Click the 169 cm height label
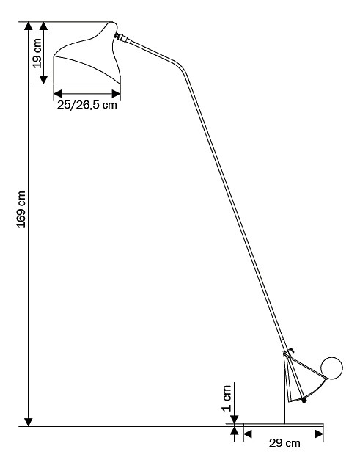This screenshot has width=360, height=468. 21,210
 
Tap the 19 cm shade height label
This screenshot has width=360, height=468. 37,54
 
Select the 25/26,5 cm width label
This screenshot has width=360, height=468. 87,105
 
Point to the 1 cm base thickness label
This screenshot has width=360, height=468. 227,398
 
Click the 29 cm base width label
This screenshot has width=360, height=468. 284,443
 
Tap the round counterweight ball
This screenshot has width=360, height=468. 331,368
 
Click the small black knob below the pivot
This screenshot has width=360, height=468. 304,401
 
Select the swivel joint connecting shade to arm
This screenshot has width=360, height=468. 122,37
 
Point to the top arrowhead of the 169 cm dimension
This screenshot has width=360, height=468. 29,26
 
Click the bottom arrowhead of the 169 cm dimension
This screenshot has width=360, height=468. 29,422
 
